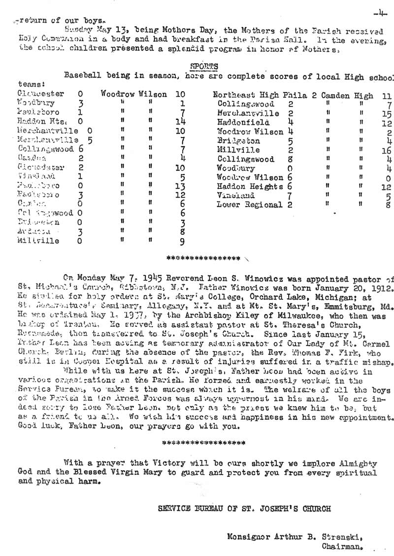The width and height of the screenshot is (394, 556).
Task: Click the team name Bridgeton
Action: (238, 140)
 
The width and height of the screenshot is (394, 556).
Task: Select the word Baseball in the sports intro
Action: (82, 76)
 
